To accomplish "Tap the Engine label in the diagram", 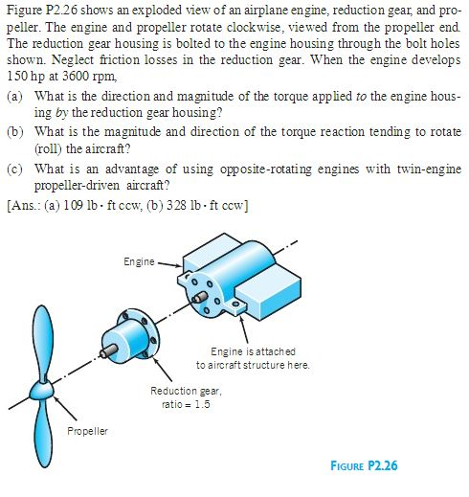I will pos(139,260).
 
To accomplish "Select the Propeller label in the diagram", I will pos(87,431).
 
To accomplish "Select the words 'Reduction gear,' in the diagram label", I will pos(185,391).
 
